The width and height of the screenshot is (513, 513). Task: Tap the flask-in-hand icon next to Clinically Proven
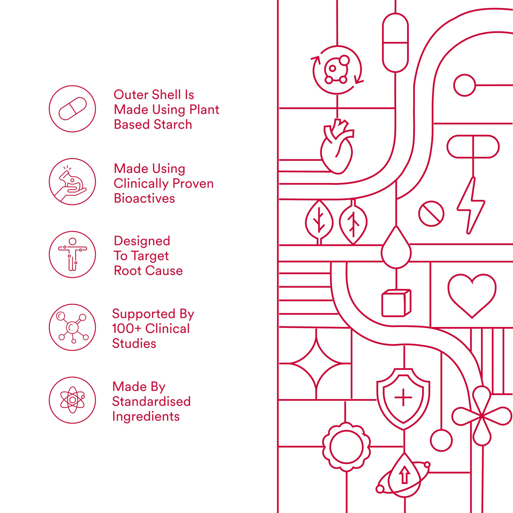72,182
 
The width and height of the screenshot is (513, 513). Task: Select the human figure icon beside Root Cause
72,254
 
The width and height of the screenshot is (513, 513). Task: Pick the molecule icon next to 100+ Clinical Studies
72,327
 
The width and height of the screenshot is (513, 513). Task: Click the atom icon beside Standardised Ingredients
72,400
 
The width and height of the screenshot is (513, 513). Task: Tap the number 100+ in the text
126,329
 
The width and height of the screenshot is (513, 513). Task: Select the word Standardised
151,401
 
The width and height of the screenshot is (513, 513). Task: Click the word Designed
142,241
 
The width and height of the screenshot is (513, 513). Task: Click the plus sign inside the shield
403,398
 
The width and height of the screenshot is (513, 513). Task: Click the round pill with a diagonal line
431,213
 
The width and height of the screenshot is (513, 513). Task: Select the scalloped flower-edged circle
346,447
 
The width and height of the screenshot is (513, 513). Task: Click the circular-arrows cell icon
337,70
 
